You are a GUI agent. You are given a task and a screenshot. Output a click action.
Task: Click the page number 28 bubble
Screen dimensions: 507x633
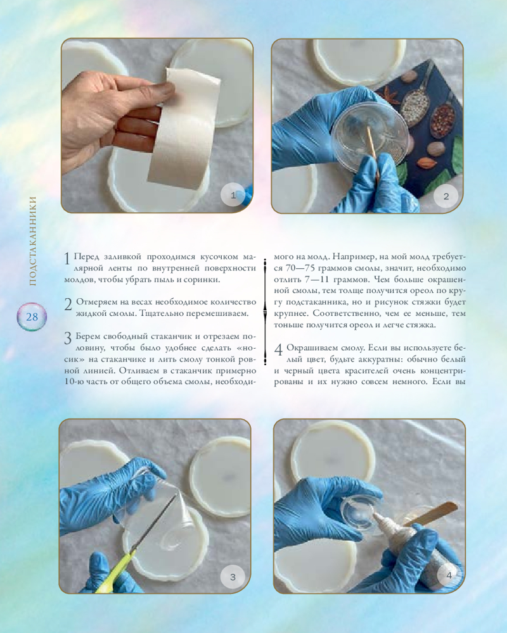[32, 317]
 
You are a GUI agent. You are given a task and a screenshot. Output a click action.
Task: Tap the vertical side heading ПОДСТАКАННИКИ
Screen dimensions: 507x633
[33, 241]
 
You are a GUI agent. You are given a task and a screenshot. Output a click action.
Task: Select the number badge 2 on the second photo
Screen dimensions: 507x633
[446, 196]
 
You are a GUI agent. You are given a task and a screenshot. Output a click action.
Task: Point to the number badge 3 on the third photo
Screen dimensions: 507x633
[233, 577]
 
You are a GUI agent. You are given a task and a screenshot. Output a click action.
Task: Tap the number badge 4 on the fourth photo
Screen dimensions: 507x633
[448, 575]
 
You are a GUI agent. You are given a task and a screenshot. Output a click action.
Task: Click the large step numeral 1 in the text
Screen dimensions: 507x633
[68, 259]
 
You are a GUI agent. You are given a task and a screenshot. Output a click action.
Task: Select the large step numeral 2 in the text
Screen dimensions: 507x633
[68, 304]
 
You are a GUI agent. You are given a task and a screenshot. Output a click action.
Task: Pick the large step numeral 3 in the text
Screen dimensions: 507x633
[68, 338]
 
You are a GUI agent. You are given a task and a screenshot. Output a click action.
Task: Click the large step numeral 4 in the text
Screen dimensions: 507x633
[279, 349]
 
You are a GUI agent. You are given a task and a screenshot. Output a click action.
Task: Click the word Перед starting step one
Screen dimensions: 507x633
[87, 257]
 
